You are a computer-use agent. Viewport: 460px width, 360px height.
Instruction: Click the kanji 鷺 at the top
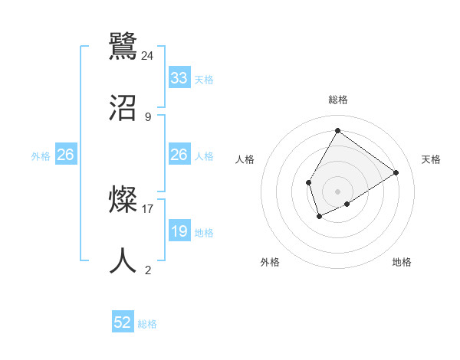[123, 45]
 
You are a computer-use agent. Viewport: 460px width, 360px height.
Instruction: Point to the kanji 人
[123, 261]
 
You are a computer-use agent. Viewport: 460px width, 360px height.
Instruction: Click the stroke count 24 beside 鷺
[148, 55]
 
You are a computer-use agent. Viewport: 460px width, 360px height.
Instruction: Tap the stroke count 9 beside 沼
[148, 117]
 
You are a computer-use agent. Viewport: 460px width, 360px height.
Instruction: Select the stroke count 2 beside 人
[148, 270]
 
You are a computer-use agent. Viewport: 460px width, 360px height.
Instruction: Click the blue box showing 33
[179, 78]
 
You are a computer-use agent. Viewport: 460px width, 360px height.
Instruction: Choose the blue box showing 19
[179, 231]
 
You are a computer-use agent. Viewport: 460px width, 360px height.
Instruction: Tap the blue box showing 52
[123, 323]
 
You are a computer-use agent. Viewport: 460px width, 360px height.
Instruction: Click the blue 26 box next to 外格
[65, 155]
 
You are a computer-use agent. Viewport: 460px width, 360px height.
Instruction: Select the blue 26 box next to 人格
[179, 155]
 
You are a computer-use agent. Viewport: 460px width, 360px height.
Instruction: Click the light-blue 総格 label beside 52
[147, 324]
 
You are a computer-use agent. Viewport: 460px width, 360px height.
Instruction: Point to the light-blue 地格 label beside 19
[204, 233]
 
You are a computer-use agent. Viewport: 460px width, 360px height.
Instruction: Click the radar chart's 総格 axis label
[337, 100]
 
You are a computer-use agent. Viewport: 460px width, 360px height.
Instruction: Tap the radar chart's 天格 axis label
[431, 159]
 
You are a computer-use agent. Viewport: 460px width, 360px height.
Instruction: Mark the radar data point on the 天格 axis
[396, 172]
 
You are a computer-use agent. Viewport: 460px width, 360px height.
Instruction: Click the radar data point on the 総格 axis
[337, 130]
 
